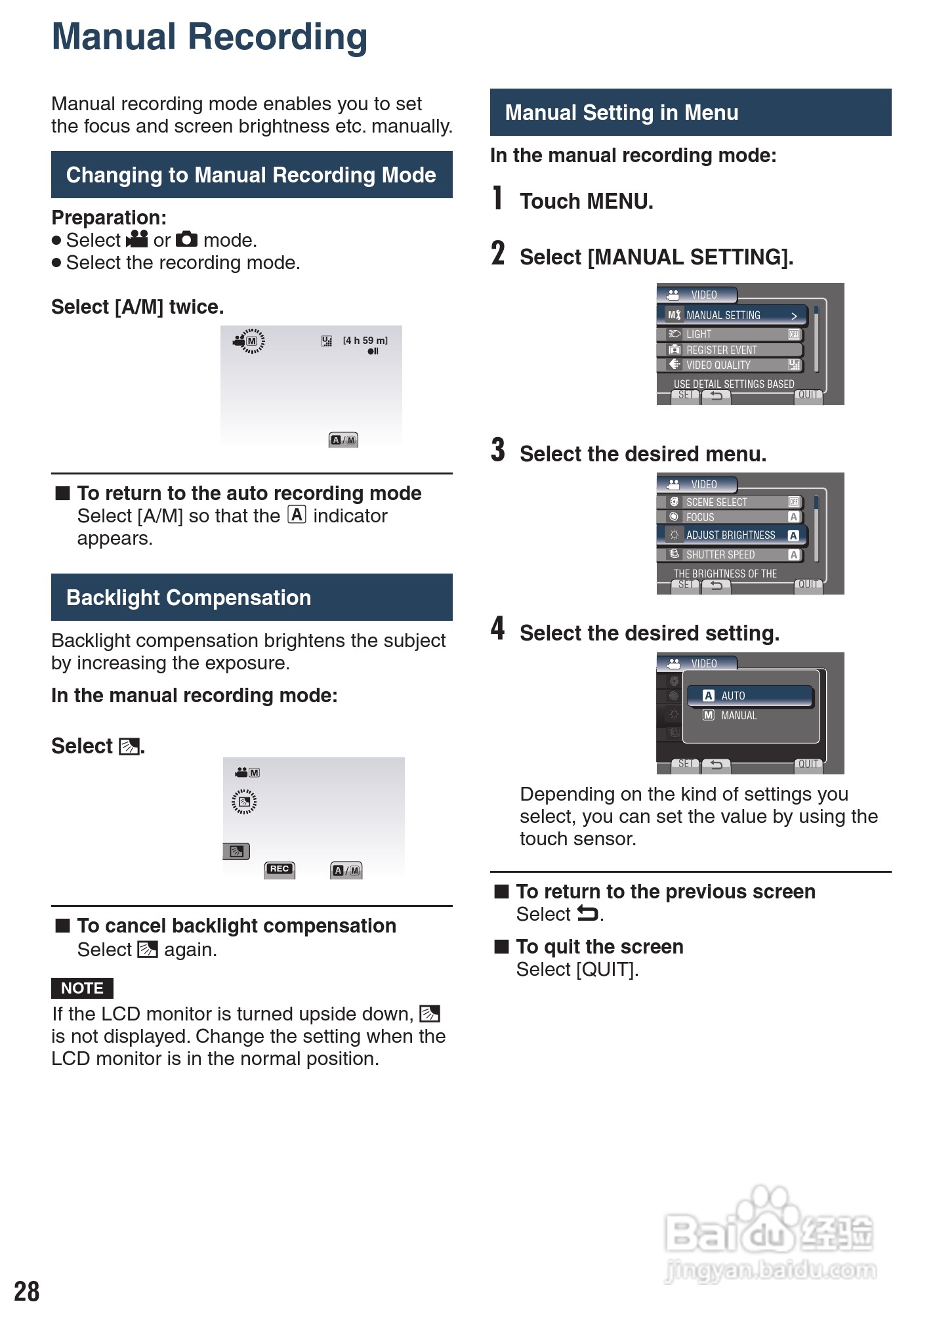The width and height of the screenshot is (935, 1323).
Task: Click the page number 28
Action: pos(27,1291)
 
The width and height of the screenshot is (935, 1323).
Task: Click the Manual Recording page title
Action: pos(209,37)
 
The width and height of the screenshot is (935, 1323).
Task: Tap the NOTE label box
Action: pos(82,988)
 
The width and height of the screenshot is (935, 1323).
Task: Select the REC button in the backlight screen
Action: pos(280,869)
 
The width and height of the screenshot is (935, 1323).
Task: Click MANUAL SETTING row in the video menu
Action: pos(732,315)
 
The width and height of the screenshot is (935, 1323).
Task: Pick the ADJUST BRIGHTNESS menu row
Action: pos(732,535)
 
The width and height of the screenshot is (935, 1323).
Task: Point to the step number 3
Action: pos(498,451)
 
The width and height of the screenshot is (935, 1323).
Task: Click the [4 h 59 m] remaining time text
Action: pos(365,340)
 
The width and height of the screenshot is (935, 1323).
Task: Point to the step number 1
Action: pos(498,198)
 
